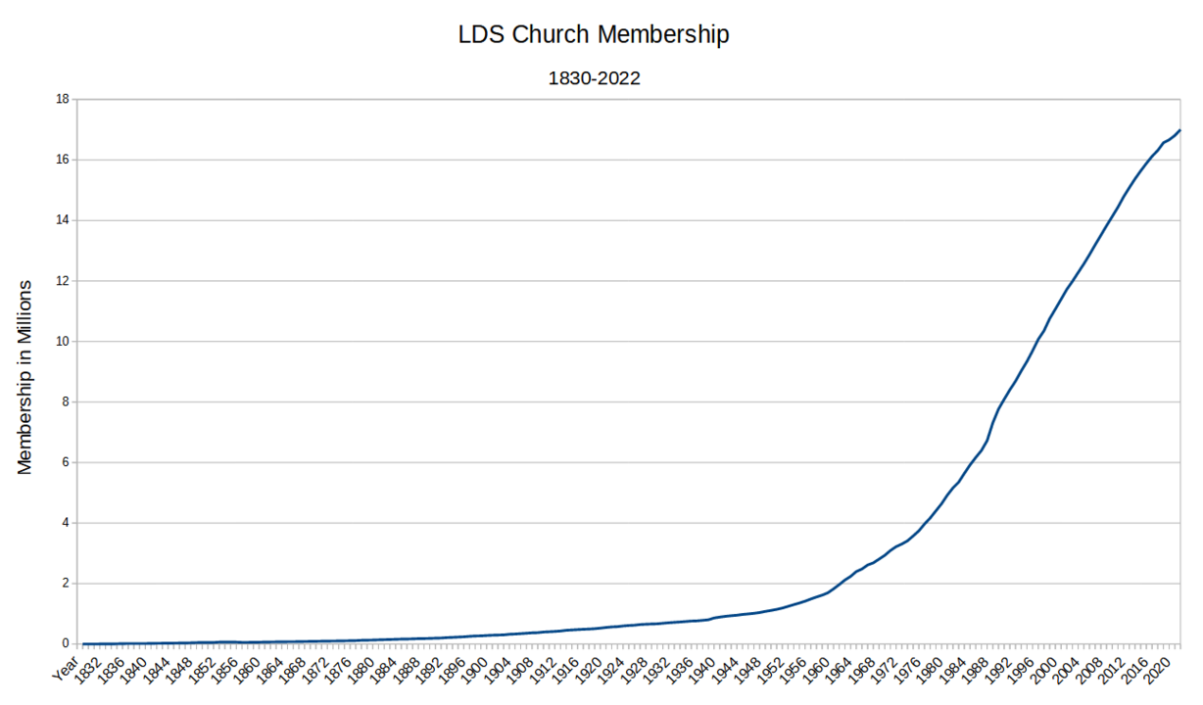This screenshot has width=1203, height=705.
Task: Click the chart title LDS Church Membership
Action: (x=594, y=35)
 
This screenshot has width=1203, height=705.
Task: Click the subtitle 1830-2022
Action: (x=594, y=79)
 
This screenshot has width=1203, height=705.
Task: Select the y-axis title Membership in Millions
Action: (x=25, y=377)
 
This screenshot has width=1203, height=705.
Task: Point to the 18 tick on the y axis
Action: (x=62, y=99)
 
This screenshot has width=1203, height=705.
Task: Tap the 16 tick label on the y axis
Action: (x=62, y=160)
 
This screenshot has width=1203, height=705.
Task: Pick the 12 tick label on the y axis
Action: (x=62, y=281)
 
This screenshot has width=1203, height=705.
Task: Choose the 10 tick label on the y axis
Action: (x=62, y=342)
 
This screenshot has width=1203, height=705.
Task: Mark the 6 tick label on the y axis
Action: (x=65, y=462)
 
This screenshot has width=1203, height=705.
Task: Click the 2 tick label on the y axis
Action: (x=65, y=584)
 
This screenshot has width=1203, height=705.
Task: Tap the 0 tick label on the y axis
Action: (x=65, y=644)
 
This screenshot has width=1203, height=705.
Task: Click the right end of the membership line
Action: (x=1180, y=129)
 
